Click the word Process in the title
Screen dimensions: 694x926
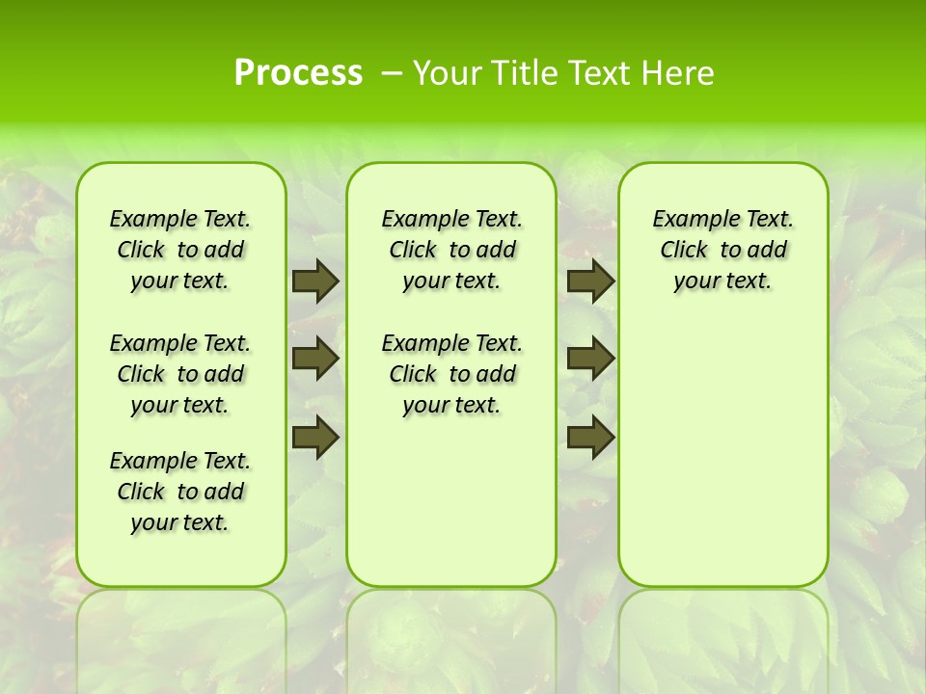[298, 73]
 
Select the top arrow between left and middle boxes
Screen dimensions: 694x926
[314, 281]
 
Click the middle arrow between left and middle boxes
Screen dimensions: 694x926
[314, 359]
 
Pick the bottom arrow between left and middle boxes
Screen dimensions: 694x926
[314, 438]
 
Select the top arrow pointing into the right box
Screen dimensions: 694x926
[589, 281]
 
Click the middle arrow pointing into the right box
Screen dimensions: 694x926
[589, 359]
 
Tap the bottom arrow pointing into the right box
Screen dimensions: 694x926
[589, 438]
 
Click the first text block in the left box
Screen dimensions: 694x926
[180, 250]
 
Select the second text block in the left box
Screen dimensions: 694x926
[180, 374]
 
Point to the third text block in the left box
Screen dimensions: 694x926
[180, 492]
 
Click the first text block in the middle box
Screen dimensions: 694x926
[451, 250]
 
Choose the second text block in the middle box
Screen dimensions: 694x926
[451, 374]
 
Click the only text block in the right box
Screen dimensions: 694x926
[722, 250]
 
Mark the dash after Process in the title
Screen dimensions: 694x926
[392, 73]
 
